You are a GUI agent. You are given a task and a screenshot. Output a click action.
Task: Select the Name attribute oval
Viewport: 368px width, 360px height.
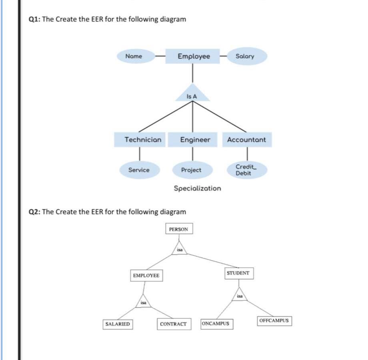(x=136, y=56)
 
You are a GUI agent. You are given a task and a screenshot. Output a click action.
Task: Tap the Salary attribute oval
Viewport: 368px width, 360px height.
(x=245, y=56)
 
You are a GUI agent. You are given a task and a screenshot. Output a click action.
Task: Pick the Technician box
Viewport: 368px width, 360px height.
(x=140, y=140)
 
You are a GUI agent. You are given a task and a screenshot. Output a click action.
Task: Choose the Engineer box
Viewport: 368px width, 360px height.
(x=193, y=140)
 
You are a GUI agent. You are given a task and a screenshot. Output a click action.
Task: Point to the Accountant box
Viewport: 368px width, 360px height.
(x=247, y=140)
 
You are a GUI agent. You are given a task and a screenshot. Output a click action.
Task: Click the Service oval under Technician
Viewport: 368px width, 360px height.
(x=139, y=170)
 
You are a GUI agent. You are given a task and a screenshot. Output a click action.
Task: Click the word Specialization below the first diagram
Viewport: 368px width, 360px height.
(x=197, y=188)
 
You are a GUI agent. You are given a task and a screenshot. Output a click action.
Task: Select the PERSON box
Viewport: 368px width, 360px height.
(x=179, y=229)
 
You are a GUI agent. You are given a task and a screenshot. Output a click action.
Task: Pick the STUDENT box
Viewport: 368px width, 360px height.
(x=238, y=273)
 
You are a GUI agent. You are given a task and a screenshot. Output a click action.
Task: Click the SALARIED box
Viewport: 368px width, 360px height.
(x=118, y=324)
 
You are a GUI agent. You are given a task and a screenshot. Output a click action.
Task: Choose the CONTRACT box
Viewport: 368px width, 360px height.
(x=173, y=324)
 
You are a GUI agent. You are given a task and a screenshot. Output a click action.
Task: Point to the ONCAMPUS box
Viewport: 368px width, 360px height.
(x=216, y=323)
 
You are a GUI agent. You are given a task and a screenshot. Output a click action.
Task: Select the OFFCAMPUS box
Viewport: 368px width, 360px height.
(x=274, y=321)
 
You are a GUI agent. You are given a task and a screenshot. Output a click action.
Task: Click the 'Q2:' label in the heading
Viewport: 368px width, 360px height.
(x=35, y=211)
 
